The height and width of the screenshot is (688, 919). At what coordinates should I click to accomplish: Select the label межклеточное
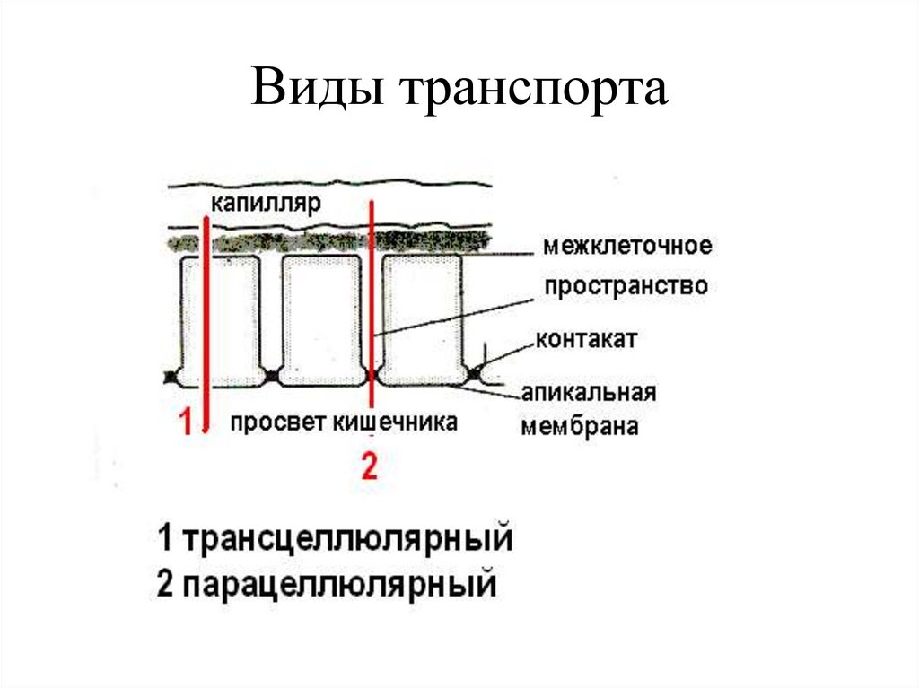pyautogui.click(x=626, y=245)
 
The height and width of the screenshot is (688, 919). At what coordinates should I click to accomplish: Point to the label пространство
pyautogui.click(x=626, y=287)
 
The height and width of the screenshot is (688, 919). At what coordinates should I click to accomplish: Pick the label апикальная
pyautogui.click(x=589, y=393)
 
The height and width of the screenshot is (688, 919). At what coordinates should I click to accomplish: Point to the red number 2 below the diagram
pyautogui.click(x=369, y=466)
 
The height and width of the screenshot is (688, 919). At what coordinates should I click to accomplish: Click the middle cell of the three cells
pyautogui.click(x=320, y=318)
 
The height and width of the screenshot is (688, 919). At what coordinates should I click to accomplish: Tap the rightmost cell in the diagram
pyautogui.click(x=422, y=318)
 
